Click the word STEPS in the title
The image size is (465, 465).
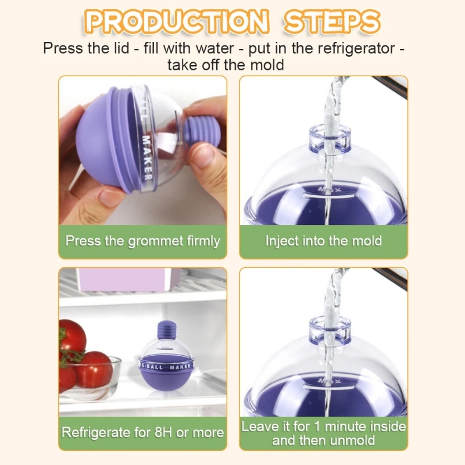pos(332,22)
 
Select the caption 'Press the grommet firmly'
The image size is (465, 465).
pos(142,241)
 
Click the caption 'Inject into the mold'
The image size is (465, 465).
pos(324,241)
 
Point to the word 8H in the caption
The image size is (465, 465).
pos(163,432)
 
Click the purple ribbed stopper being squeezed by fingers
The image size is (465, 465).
pos(201,133)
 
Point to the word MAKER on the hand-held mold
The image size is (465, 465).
pos(148,158)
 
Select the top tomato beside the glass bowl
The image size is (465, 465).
pos(72,337)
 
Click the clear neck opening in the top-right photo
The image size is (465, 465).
pos(330,137)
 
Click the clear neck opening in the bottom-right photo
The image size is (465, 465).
pos(330,328)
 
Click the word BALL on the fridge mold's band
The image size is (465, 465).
pos(155,367)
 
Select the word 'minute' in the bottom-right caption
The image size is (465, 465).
pos(344,427)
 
